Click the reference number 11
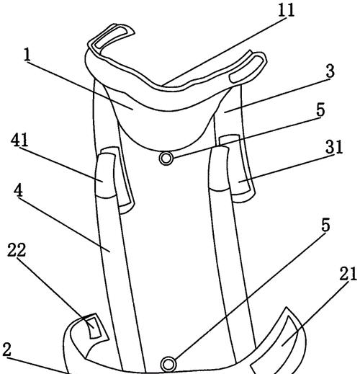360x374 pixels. pos(286,10)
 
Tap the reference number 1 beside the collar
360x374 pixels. pos(27,55)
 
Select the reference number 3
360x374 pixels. pos(330,71)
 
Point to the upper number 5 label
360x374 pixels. pos(320,110)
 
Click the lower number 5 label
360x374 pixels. pos(325,225)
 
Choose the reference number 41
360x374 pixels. pos(19,140)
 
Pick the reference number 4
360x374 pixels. pos(18,191)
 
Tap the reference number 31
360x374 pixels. pos(334,147)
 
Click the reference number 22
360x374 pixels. pos(17,250)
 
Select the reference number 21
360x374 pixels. pos(348,274)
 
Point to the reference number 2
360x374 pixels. pos(6,349)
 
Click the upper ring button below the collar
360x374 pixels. pos(166,159)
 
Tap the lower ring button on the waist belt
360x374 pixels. pos(168,364)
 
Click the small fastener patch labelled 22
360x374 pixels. pos(94,327)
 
